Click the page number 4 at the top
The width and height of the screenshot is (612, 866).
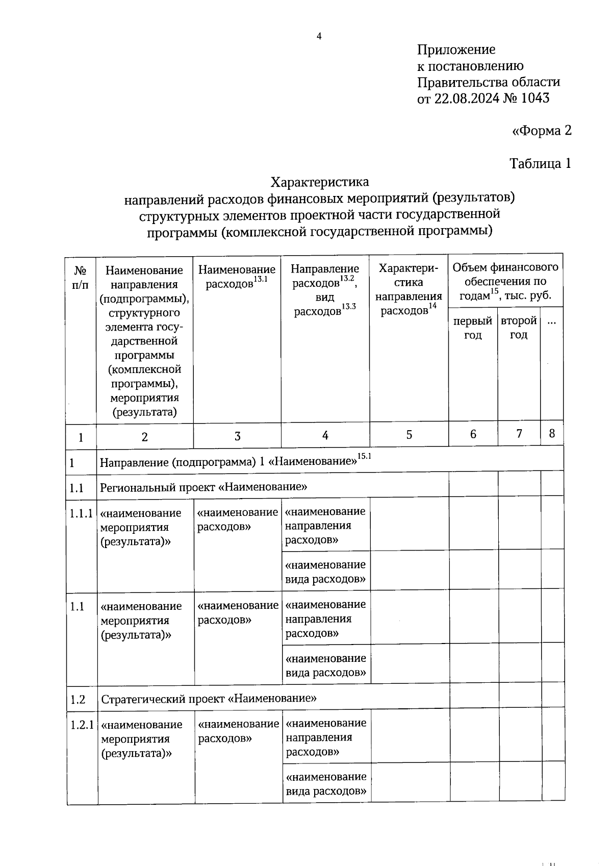pos(319,36)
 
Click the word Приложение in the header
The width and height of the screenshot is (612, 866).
pos(456,50)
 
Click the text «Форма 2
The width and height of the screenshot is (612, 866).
pos(542,131)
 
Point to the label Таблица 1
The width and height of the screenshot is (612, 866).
pos(540,163)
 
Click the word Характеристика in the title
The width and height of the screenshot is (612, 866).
pos(319,182)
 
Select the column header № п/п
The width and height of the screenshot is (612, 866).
pos(80,277)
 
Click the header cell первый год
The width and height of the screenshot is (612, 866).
pos(473,328)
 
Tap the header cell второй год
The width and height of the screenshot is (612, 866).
pos(519,328)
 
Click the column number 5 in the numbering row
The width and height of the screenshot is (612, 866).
pos(409,435)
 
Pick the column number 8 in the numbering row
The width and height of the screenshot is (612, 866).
pos(552,434)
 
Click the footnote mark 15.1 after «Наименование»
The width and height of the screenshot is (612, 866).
pos(365,456)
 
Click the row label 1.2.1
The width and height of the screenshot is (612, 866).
pos(82,725)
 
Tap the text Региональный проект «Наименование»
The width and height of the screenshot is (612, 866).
pos(203,487)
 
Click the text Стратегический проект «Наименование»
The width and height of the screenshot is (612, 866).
pos(209,698)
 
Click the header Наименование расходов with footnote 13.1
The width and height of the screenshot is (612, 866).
pos(237,276)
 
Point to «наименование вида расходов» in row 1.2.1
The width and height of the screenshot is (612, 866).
pos(326,784)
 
